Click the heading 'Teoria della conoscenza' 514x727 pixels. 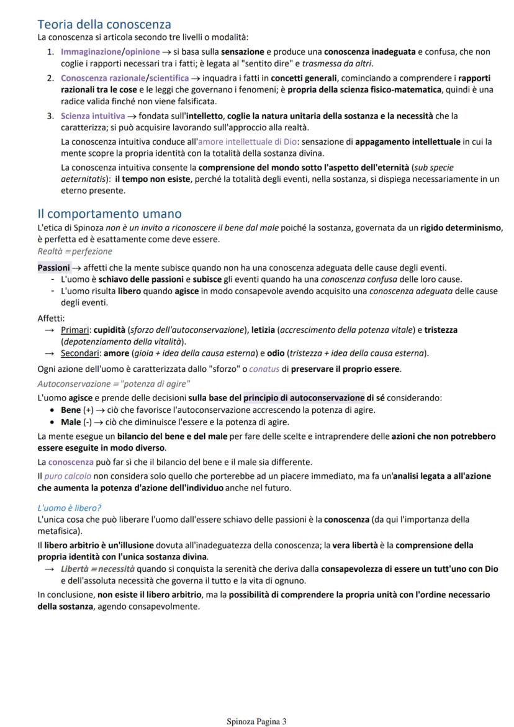tap(104, 24)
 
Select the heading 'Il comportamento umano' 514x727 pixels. tap(109, 214)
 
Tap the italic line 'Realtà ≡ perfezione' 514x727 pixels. tap(74, 251)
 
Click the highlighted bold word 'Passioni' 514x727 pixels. tap(53, 268)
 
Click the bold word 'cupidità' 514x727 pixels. tap(111, 330)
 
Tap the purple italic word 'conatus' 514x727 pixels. tap(265, 369)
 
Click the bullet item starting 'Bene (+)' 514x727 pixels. tap(217, 410)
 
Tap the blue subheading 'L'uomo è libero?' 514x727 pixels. tap(69, 508)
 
